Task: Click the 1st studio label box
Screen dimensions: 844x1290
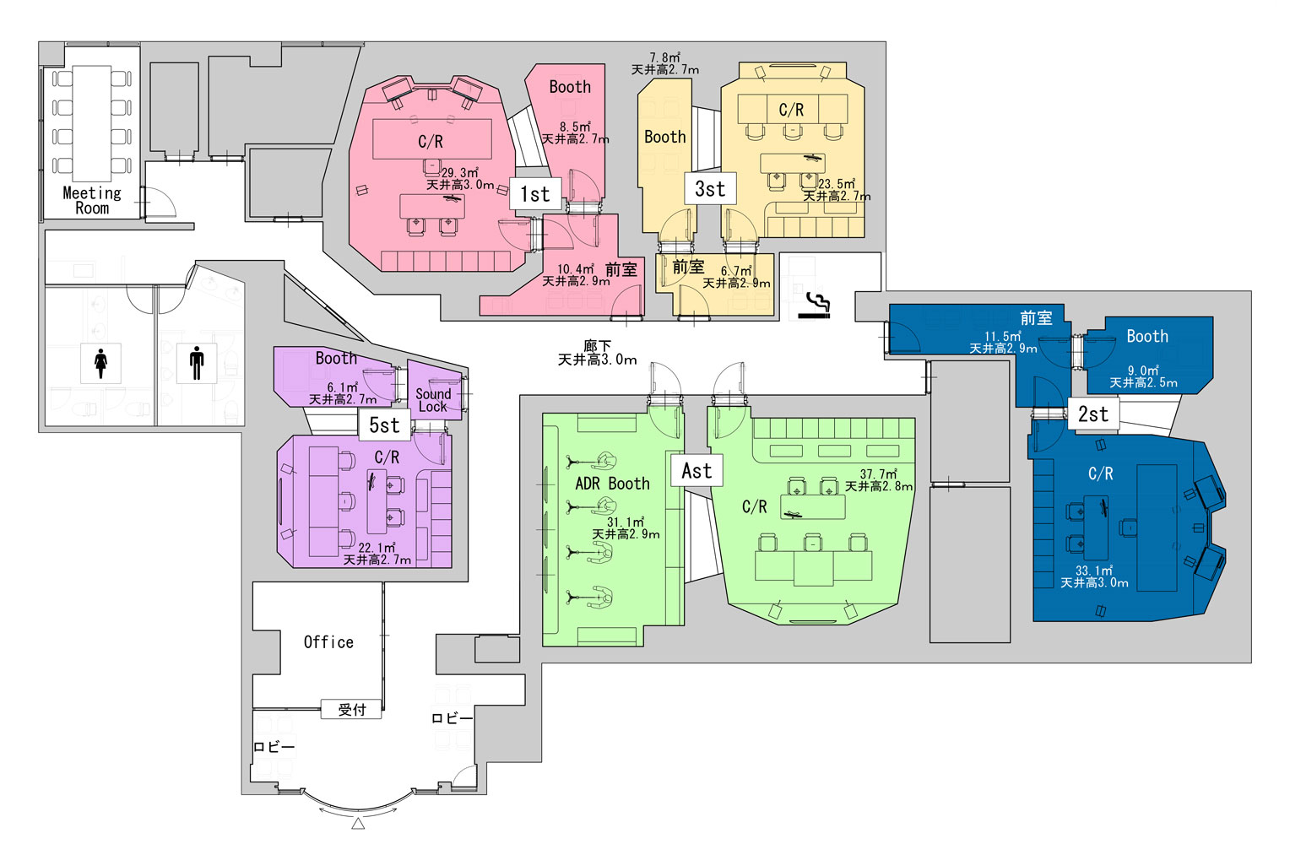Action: pyautogui.click(x=535, y=194)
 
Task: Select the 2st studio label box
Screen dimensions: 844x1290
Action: pyautogui.click(x=1093, y=414)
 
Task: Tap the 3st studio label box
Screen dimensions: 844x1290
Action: pyautogui.click(x=710, y=189)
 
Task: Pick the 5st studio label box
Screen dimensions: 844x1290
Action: pyautogui.click(x=384, y=425)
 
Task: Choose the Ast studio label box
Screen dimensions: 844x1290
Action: pyautogui.click(x=696, y=471)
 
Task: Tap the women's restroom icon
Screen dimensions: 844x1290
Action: pyautogui.click(x=101, y=362)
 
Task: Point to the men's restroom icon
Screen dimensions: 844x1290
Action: pyautogui.click(x=197, y=362)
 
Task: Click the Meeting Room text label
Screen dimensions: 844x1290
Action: pyautogui.click(x=92, y=201)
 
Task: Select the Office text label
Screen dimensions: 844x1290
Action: pyautogui.click(x=328, y=642)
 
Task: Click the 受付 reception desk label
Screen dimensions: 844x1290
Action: pyautogui.click(x=351, y=710)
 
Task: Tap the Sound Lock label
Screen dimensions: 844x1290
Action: pyautogui.click(x=433, y=400)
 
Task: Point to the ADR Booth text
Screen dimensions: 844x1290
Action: pyautogui.click(x=612, y=484)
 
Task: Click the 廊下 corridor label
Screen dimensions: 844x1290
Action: pyautogui.click(x=597, y=346)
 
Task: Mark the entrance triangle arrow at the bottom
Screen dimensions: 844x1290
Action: pyautogui.click(x=358, y=823)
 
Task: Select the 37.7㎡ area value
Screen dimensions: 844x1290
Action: pyautogui.click(x=878, y=474)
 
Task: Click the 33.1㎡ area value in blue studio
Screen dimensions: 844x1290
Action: pyautogui.click(x=1094, y=571)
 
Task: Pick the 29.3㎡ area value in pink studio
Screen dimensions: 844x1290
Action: pyautogui.click(x=459, y=173)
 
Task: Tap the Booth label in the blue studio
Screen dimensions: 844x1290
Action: pyautogui.click(x=1147, y=337)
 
